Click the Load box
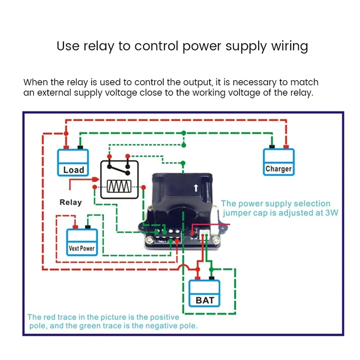tap(73, 163)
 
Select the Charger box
tap(279, 162)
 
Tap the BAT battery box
tap(205, 293)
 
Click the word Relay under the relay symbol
tap(71, 202)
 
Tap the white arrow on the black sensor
tap(195, 188)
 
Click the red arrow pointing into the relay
tap(95, 179)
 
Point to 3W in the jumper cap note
tap(331, 213)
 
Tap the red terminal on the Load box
tap(66, 147)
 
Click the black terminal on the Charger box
tap(272, 146)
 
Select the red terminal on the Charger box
tap(286, 146)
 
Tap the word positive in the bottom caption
tap(161, 317)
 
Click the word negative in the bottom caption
tap(149, 325)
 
